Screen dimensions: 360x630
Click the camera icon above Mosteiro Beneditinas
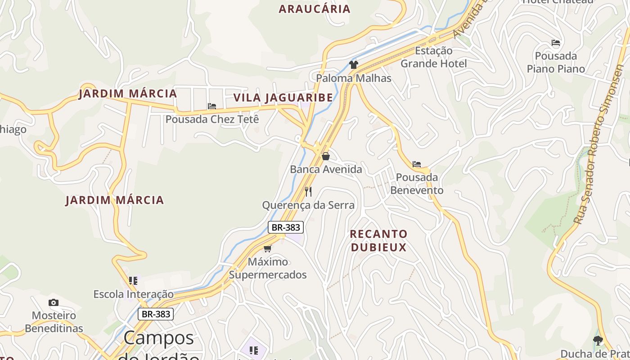(54, 302)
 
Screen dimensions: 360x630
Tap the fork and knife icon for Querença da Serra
(308, 192)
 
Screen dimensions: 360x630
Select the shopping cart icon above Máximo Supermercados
(268, 248)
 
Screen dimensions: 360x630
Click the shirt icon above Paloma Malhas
(354, 65)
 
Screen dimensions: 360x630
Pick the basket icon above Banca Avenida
(326, 156)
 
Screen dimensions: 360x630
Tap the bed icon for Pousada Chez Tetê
(212, 106)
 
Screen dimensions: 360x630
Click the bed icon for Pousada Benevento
(417, 164)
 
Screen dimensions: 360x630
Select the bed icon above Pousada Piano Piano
(556, 43)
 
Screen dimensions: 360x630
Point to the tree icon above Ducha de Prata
(598, 341)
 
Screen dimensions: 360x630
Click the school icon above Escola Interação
(133, 281)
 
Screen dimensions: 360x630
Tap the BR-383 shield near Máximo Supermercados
(286, 227)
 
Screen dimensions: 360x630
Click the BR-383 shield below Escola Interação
(156, 314)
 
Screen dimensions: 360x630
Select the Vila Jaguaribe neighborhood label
(283, 98)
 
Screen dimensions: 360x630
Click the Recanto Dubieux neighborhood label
(378, 241)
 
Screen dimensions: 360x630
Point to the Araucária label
(314, 9)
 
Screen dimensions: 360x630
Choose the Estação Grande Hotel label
(434, 57)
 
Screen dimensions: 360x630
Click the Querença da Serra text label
(308, 206)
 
